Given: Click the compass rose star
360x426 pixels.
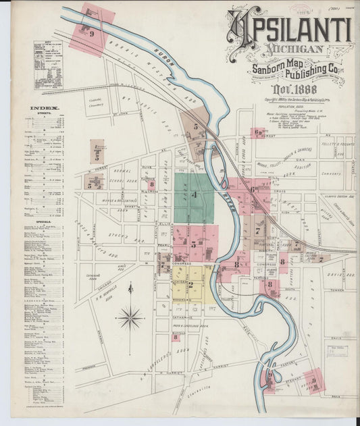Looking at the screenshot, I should pyautogui.click(x=130, y=317).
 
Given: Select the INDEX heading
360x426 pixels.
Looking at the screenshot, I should pyautogui.click(x=45, y=108).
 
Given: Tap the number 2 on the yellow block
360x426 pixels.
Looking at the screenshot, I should pyautogui.click(x=190, y=285).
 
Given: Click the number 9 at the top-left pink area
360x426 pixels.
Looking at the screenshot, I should pyautogui.click(x=91, y=31).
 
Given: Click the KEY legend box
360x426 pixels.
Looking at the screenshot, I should pyautogui.click(x=48, y=65).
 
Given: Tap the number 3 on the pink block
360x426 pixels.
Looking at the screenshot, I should pyautogui.click(x=194, y=244).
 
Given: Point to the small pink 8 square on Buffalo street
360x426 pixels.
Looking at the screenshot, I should pyautogui.click(x=175, y=336).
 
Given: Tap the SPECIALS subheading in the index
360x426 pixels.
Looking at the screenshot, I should pyautogui.click(x=45, y=220).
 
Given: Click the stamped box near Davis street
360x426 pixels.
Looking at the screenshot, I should pyautogui.click(x=337, y=350).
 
